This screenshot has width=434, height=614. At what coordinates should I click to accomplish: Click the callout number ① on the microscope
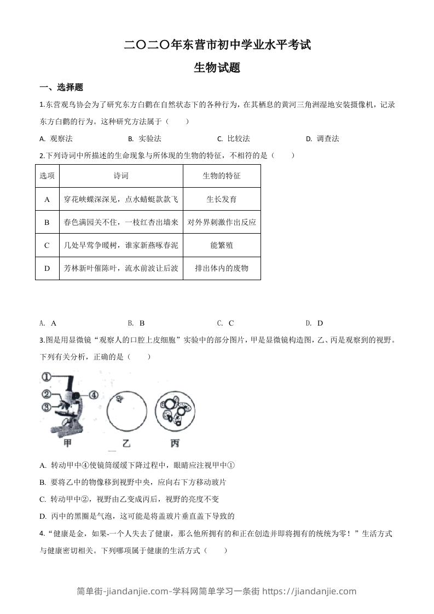click(46, 376)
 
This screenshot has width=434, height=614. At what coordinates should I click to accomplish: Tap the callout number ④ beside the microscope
click(94, 394)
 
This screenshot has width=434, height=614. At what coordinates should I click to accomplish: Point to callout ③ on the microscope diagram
click(46, 407)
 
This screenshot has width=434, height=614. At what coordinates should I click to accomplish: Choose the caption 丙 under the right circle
click(174, 443)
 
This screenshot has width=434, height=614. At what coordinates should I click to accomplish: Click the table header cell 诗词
click(121, 176)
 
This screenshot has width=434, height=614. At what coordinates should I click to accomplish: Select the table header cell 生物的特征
click(221, 176)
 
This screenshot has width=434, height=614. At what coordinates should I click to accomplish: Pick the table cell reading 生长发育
click(221, 199)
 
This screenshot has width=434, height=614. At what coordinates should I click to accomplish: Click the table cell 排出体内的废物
click(221, 268)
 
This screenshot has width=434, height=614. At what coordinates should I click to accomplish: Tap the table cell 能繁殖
click(221, 245)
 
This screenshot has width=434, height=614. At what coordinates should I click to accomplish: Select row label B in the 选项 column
click(47, 222)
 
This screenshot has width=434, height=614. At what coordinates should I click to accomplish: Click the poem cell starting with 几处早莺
click(121, 245)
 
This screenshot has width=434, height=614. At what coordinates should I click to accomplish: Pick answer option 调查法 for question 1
click(327, 138)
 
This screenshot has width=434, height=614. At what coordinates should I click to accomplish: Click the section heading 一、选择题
click(62, 88)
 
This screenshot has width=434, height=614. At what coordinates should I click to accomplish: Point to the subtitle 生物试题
click(217, 68)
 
